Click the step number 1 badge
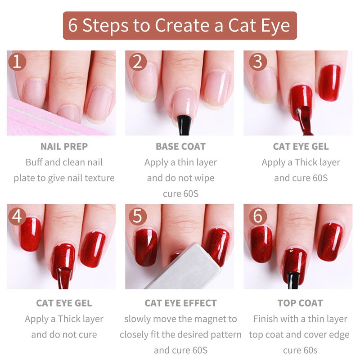point(17,62)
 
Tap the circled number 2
point(138,62)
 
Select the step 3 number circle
point(258,62)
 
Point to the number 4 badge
point(17,216)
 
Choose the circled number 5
point(138,216)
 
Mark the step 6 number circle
point(258,216)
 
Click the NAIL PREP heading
point(64,147)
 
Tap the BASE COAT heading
point(181,147)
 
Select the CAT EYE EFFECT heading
point(181,303)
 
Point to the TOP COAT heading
point(300,303)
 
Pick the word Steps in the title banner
point(105,26)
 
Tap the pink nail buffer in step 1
point(46,119)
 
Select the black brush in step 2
point(184,125)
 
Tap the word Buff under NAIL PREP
point(34,162)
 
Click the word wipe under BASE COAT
point(204,178)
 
